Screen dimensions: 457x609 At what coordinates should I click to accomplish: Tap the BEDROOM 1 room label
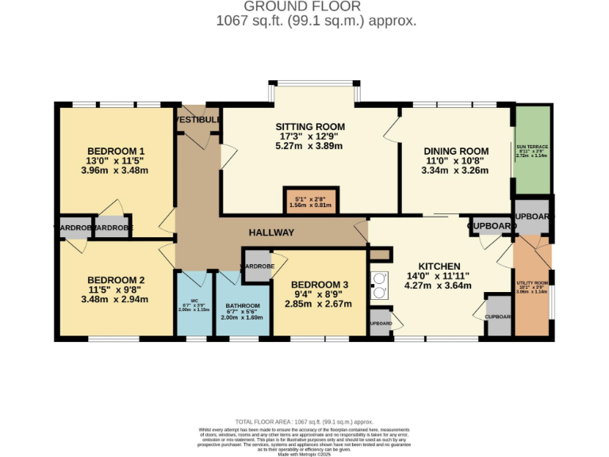pyautogui.click(x=116, y=152)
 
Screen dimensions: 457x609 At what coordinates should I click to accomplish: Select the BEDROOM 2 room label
pyautogui.click(x=116, y=280)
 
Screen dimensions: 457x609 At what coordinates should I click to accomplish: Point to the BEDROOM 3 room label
pyautogui.click(x=319, y=285)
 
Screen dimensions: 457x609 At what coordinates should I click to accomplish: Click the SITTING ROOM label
pyautogui.click(x=310, y=127)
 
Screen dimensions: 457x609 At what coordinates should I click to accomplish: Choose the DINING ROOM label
pyautogui.click(x=455, y=152)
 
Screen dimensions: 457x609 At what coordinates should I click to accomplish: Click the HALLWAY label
pyautogui.click(x=271, y=232)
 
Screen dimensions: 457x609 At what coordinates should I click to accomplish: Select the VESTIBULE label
pyautogui.click(x=197, y=119)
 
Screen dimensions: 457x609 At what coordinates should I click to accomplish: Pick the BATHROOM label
pyautogui.click(x=243, y=305)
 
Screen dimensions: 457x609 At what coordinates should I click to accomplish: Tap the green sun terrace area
pyautogui.click(x=532, y=151)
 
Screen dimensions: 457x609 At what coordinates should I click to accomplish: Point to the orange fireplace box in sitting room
pyautogui.click(x=308, y=201)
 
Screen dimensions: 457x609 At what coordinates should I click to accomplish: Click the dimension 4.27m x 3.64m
pyautogui.click(x=438, y=286)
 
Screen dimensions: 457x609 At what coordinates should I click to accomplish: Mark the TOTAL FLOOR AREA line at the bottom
pyautogui.click(x=304, y=422)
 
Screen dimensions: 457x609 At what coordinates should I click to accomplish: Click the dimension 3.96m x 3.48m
pyautogui.click(x=116, y=171)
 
